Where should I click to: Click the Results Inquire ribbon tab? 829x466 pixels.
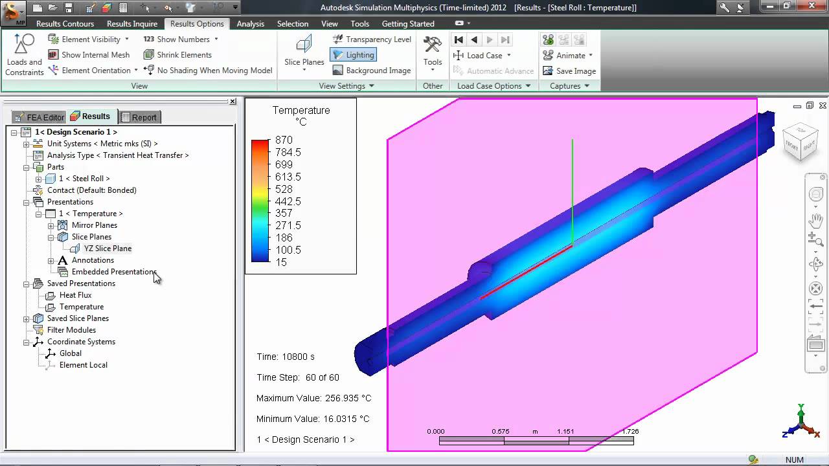[131, 24]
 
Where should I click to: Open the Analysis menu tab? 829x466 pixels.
[250, 24]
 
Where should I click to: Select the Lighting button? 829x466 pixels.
[354, 55]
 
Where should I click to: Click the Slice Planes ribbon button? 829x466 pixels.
[304, 52]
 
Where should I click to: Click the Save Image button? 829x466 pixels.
[569, 71]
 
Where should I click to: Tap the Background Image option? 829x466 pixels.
[372, 71]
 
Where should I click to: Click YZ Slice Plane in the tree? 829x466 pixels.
[108, 249]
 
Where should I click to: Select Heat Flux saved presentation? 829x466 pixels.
[75, 295]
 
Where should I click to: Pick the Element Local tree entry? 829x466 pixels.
[83, 365]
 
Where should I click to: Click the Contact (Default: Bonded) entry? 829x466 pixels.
[91, 190]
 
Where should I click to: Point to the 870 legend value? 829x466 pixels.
[284, 140]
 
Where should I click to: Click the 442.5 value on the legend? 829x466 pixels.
[288, 201]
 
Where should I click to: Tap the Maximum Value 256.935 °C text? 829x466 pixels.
[313, 398]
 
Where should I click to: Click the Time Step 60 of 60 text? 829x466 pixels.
[297, 377]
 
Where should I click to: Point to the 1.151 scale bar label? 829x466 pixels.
[565, 431]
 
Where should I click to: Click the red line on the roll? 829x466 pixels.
[526, 271]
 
